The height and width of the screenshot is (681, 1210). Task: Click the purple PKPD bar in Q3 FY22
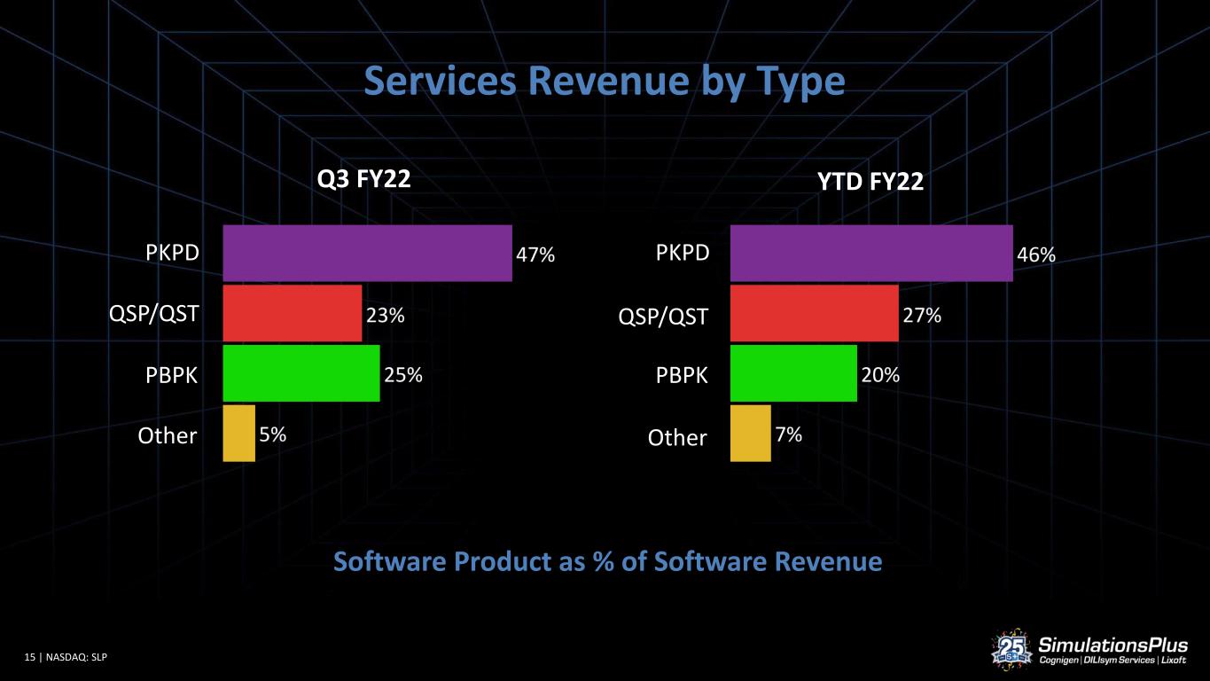click(x=367, y=253)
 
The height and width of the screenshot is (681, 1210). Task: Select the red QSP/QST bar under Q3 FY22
click(x=293, y=314)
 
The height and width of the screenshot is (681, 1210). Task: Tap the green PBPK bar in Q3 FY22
click(x=301, y=373)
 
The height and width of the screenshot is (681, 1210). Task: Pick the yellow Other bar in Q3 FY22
click(x=238, y=434)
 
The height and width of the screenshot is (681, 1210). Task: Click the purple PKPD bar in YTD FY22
click(x=871, y=253)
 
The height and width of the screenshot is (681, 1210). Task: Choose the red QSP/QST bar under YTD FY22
click(x=815, y=314)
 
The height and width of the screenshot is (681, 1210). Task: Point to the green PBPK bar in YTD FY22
click(x=793, y=373)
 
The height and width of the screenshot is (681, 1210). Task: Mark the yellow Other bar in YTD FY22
click(x=750, y=434)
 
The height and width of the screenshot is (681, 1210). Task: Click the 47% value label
click(x=535, y=254)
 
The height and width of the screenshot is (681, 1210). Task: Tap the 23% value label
click(x=385, y=315)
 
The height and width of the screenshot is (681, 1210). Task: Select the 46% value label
click(x=1036, y=254)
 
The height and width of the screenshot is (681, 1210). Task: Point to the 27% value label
click(x=922, y=315)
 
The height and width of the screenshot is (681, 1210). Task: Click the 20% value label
click(x=880, y=374)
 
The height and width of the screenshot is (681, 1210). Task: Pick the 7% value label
click(x=789, y=434)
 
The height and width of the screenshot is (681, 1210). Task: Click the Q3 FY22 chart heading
click(x=363, y=179)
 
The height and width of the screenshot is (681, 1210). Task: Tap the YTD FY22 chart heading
click(x=870, y=182)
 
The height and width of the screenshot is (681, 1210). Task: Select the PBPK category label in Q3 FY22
click(x=171, y=375)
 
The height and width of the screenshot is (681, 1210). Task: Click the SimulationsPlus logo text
click(x=1112, y=645)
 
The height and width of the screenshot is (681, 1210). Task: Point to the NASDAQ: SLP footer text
click(x=76, y=657)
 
